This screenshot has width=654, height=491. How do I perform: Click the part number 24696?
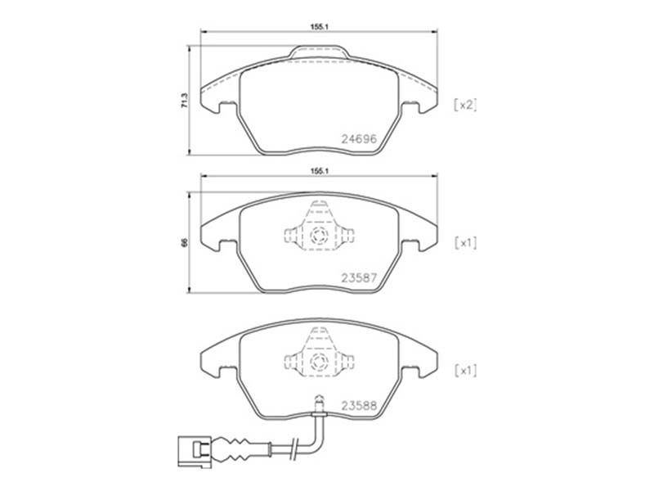click(x=359, y=139)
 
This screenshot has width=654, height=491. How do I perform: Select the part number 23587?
click(x=359, y=277)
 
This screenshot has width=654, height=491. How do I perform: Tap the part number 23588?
click(x=359, y=405)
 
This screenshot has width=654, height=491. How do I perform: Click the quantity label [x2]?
click(x=465, y=105)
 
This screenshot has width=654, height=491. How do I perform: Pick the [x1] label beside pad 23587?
click(x=465, y=243)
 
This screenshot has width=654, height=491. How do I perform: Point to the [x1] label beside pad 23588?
click(x=465, y=371)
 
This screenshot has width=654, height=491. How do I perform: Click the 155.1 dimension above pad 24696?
click(x=320, y=26)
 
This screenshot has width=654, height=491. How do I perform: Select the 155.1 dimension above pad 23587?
click(x=320, y=171)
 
